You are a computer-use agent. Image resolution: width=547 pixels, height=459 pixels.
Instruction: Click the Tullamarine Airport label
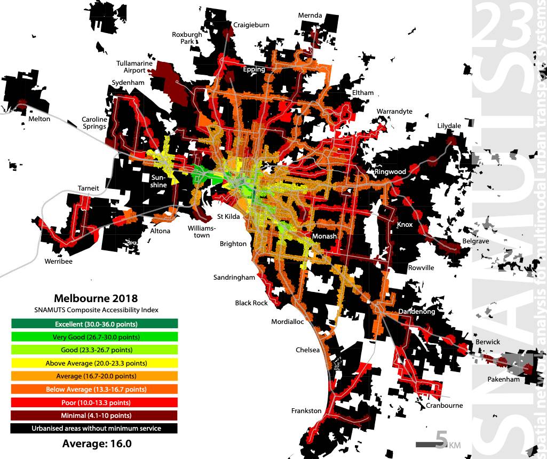click(x=134, y=67)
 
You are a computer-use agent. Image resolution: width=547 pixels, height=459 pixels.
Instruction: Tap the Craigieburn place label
click(x=251, y=25)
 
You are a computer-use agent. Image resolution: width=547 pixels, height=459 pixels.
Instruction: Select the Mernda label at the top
click(x=311, y=15)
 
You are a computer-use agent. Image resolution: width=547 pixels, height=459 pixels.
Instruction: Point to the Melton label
click(x=39, y=119)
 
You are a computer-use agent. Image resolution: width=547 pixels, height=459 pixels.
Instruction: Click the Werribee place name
click(x=59, y=262)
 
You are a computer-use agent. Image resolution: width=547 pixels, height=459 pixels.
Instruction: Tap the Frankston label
click(x=306, y=411)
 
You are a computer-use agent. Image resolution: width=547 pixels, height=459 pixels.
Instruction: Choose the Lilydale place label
click(x=449, y=126)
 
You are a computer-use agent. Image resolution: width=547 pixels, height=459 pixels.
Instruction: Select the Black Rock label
click(x=251, y=303)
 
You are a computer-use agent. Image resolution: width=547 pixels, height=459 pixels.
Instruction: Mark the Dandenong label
click(x=417, y=312)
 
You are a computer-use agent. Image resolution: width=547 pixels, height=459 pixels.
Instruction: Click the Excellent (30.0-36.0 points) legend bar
click(x=94, y=324)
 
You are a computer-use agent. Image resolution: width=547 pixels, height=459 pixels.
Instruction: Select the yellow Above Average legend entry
click(x=94, y=363)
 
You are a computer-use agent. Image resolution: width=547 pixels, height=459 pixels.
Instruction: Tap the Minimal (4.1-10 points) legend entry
click(x=94, y=415)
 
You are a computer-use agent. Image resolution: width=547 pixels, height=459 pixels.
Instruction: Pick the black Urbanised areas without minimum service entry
click(x=94, y=428)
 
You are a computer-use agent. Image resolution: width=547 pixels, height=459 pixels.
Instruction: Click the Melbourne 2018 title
click(x=96, y=298)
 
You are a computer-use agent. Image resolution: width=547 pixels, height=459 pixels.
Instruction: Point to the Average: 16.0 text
click(x=97, y=444)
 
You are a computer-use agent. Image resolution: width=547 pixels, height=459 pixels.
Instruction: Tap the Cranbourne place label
click(x=445, y=406)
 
